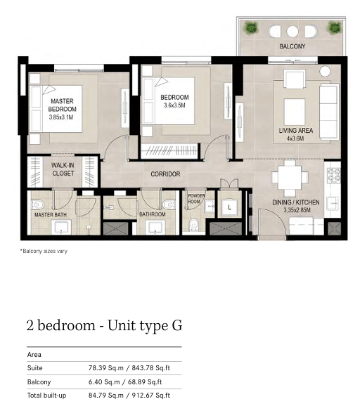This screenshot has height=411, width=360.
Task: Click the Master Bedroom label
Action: [62, 105]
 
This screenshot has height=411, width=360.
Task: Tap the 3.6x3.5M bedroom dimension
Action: [174, 105]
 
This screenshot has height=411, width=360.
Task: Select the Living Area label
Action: [296, 130]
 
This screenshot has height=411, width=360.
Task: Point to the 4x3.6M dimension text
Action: [295, 138]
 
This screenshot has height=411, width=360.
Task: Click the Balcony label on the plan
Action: [292, 46]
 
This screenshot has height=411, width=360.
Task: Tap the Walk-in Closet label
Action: [63, 169]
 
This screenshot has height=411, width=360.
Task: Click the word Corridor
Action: [165, 174]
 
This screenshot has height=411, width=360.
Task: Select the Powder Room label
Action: [196, 199]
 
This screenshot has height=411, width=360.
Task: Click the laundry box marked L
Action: [230, 207]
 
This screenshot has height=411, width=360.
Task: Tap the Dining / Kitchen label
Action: [296, 202]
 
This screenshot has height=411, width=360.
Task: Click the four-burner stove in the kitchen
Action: [333, 175]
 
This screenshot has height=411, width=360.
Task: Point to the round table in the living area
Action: [325, 71]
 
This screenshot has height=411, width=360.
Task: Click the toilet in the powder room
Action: [193, 225]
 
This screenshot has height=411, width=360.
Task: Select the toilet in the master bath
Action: [37, 204]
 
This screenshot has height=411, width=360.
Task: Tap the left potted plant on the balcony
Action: [251, 27]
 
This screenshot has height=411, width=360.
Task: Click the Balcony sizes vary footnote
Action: [44, 251]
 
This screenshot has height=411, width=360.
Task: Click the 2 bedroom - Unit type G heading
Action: [104, 325]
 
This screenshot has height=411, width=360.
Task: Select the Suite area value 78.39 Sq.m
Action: [105, 368]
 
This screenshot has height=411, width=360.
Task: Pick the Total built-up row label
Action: [46, 396]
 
